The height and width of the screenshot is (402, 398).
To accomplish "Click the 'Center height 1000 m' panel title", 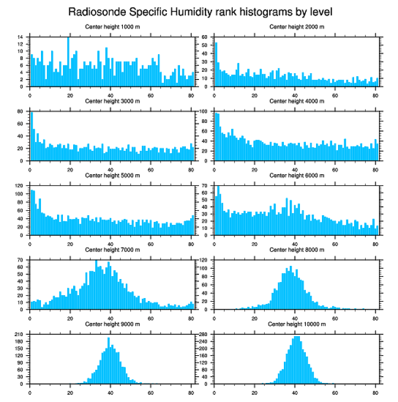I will (112, 27).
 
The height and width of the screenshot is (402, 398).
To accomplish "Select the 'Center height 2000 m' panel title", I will (297, 27).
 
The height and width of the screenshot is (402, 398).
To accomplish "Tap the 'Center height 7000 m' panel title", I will (112, 250).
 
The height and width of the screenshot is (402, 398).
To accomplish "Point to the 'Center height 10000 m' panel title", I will (297, 324).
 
